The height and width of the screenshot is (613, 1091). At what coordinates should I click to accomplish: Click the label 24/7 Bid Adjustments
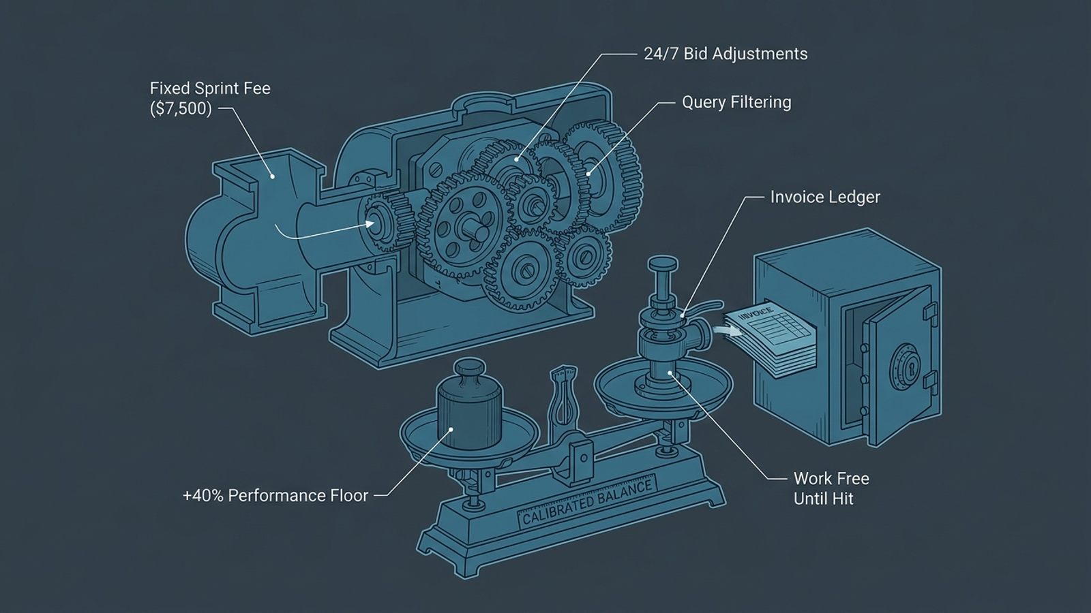tap(726, 54)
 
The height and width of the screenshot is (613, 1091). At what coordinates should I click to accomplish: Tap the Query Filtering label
tap(736, 103)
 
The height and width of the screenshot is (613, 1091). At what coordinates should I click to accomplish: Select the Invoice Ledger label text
tap(825, 197)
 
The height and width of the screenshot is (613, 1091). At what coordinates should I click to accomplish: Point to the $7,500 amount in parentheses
tap(181, 108)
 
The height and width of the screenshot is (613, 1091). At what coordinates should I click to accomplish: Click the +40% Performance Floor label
tap(275, 496)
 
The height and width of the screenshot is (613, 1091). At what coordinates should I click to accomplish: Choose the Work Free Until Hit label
tap(831, 488)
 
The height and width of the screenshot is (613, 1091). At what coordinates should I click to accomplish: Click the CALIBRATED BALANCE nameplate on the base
tap(588, 501)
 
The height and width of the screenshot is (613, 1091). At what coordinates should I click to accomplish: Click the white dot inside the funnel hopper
tap(273, 176)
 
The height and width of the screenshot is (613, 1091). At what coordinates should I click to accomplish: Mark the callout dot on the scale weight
tap(451, 430)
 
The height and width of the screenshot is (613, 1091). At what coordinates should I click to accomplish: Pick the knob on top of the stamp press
tap(662, 265)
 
